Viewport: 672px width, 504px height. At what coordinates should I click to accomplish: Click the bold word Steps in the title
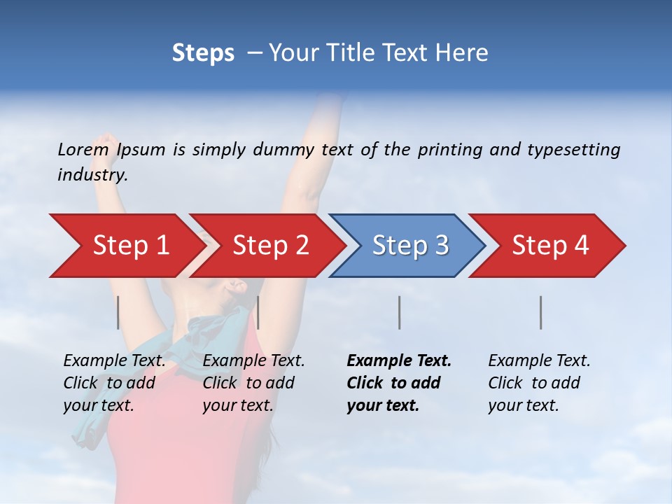(x=203, y=53)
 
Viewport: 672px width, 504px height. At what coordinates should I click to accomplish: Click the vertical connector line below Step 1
(x=118, y=312)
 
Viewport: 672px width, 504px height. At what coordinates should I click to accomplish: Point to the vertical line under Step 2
(x=258, y=312)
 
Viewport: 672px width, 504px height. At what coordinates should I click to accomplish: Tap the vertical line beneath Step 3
(x=399, y=312)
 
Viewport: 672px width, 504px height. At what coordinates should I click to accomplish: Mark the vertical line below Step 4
(x=540, y=312)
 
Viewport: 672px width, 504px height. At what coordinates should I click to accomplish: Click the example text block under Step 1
(x=114, y=383)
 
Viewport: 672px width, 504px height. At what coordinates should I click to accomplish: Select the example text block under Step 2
(x=253, y=383)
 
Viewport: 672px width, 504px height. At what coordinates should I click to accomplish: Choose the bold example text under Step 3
(x=399, y=383)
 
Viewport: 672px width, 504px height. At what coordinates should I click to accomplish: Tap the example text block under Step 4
(x=539, y=383)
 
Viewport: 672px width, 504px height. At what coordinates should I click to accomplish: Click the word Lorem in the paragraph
(x=83, y=150)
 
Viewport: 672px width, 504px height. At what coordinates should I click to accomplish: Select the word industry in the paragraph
(x=91, y=175)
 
